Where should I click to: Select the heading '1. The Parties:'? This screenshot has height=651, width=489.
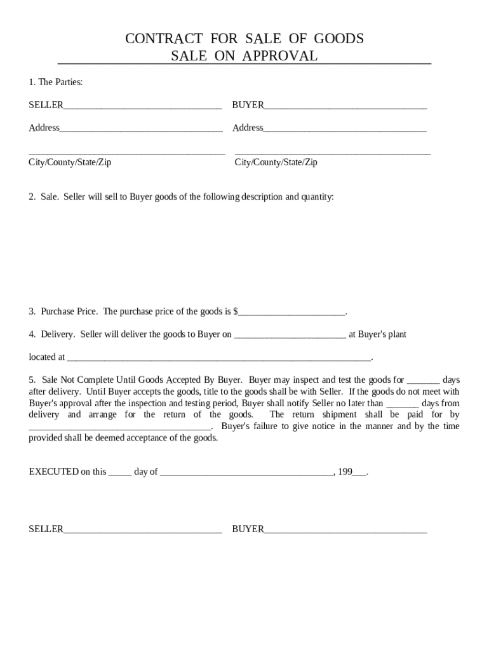(x=56, y=82)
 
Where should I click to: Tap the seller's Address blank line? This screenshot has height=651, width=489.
(x=141, y=129)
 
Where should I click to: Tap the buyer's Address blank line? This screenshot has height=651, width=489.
(x=345, y=129)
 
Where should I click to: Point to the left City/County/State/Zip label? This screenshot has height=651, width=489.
(x=70, y=162)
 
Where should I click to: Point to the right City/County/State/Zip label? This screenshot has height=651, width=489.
(x=276, y=162)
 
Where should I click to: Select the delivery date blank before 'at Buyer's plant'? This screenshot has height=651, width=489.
(x=290, y=335)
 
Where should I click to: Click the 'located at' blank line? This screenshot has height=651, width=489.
(x=218, y=358)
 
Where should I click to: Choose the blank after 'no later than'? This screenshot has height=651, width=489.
(x=403, y=404)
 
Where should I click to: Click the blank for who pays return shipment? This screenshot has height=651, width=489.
(x=124, y=427)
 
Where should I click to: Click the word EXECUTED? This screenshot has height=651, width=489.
(x=53, y=472)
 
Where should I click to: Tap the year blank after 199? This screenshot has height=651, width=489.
(x=359, y=473)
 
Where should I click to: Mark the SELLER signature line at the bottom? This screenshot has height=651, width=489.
(x=142, y=530)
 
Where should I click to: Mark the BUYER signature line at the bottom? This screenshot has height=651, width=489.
(x=345, y=530)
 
